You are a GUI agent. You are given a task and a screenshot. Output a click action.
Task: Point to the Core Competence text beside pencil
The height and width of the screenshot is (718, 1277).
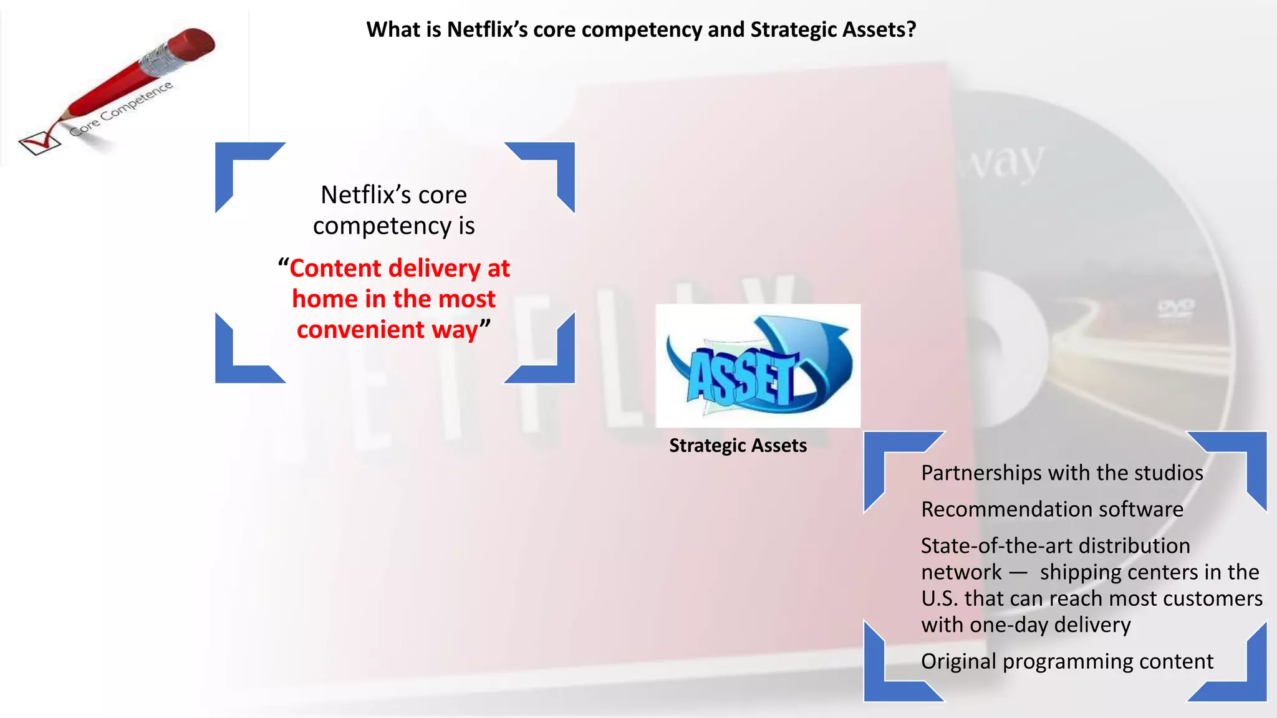(121, 109)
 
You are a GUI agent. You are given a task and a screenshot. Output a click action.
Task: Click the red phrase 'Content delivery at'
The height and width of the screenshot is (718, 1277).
(399, 268)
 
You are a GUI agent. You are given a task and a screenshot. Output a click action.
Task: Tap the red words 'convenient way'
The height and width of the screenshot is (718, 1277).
(387, 330)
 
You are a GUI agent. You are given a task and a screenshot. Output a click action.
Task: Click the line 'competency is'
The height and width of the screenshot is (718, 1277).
(393, 226)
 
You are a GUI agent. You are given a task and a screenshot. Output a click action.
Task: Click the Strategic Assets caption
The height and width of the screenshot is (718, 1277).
(738, 446)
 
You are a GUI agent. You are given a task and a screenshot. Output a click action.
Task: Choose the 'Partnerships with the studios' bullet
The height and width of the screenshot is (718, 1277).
(1062, 473)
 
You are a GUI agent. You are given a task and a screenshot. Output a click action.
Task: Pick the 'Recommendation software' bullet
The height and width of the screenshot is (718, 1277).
(1052, 509)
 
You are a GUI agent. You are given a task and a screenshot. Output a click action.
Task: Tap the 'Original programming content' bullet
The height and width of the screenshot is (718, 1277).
(1067, 661)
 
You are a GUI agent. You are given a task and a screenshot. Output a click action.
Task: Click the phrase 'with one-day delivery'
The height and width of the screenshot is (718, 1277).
(1026, 625)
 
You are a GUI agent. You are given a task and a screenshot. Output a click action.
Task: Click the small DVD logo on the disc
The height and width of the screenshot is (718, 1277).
(1176, 307)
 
